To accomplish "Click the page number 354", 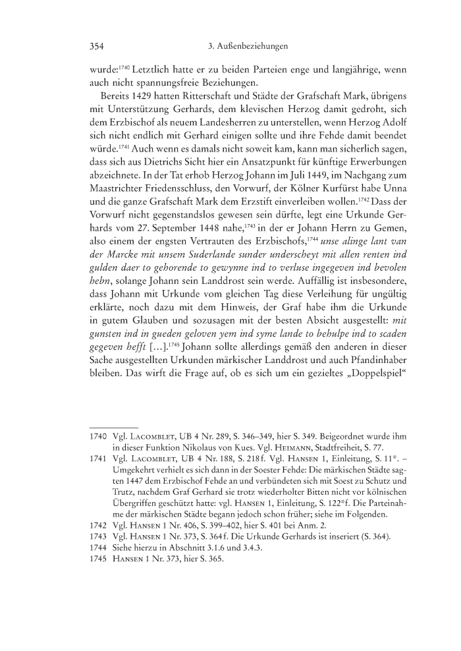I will tap(97, 47).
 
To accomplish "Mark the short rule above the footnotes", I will tap(113, 427).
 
